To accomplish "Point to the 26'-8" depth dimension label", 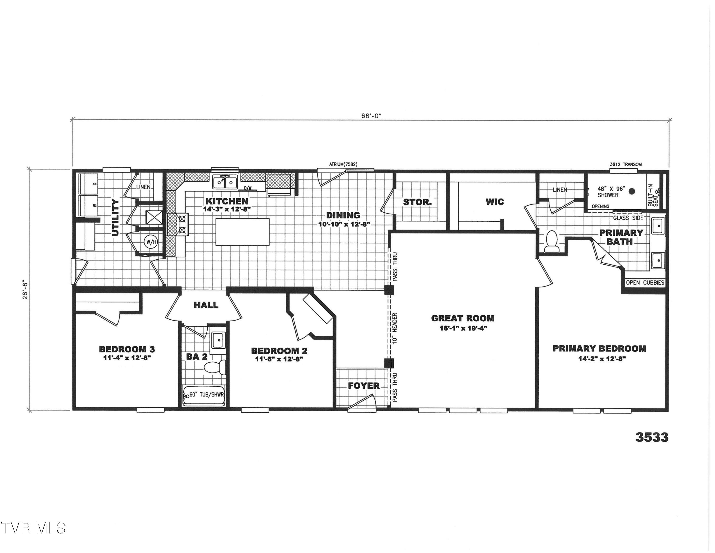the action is pos(26,290).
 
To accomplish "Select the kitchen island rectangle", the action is pos(242,232).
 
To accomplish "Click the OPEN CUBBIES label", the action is pos(645,283).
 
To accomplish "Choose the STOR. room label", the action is pos(417,202).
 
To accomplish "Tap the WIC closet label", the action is pos(495,202).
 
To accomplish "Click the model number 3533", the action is pos(652,437).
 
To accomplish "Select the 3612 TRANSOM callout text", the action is pos(626,164).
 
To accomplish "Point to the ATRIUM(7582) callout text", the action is pos(343,164).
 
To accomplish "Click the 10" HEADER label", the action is pos(395,328).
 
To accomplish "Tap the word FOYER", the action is pos(364,386).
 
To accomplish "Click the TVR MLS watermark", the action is pos(33,528).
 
